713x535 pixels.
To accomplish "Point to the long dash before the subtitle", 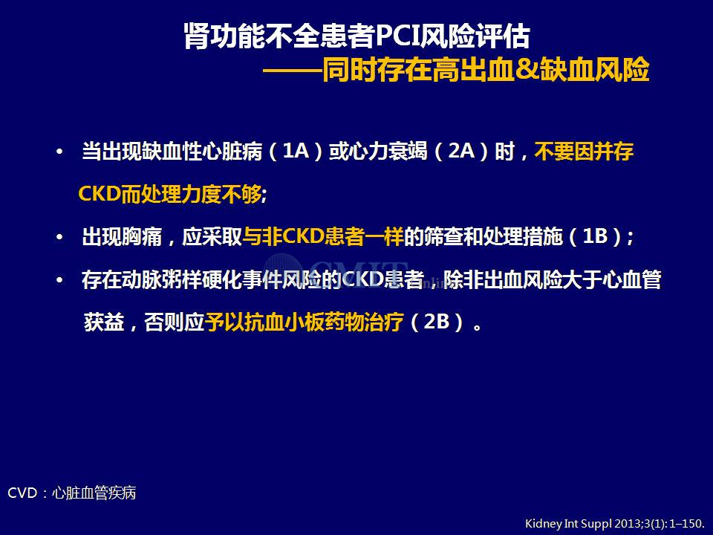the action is [293, 71].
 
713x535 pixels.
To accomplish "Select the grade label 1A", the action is [296, 151].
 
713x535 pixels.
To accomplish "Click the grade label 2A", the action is [461, 151].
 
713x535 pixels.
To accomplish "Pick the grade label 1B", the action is [596, 236].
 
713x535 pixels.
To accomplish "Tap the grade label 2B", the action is [437, 322].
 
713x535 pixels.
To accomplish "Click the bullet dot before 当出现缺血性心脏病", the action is [59, 152].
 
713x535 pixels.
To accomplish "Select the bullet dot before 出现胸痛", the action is [59, 238].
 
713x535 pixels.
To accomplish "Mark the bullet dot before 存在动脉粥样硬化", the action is [59, 280].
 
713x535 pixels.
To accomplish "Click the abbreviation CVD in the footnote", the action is [22, 493].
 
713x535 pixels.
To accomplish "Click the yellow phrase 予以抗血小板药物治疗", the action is [305, 322].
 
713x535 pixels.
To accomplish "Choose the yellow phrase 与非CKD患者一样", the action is [323, 236].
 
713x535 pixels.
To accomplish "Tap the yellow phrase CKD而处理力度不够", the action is [170, 194].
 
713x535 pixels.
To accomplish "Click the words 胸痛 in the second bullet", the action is [142, 236].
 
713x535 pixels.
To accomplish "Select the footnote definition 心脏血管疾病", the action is [94, 493].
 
